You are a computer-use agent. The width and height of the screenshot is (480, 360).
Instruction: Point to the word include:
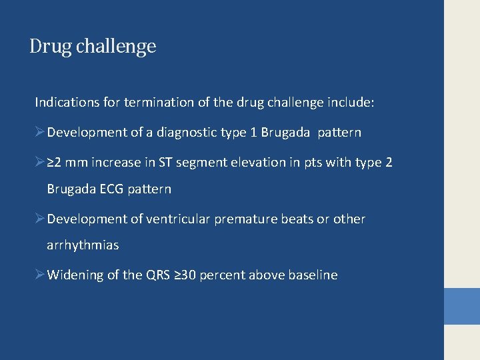click(351, 103)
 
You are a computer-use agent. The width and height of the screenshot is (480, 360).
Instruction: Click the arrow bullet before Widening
click(40, 275)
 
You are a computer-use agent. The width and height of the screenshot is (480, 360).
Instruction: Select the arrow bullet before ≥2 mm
click(40, 162)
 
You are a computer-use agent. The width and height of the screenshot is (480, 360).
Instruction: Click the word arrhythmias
click(83, 245)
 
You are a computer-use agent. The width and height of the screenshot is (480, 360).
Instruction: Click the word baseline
click(313, 275)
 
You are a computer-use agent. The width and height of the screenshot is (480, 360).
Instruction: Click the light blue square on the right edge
click(462, 306)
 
